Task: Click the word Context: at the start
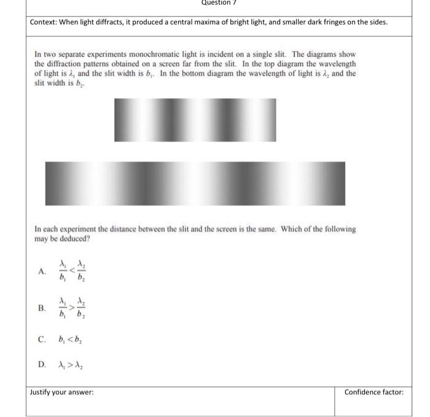click(x=45, y=23)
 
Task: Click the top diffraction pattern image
click(x=195, y=120)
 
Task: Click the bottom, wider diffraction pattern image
click(x=195, y=184)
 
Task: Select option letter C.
click(x=42, y=338)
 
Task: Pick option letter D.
click(x=42, y=364)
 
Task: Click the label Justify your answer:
click(x=62, y=392)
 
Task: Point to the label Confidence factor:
click(x=373, y=392)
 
